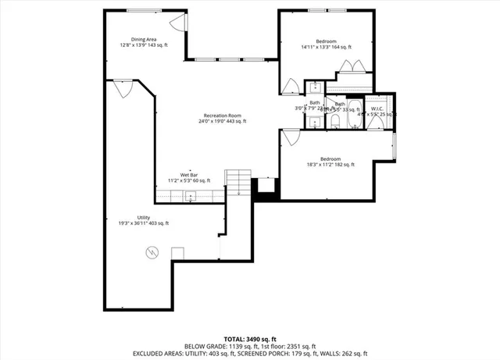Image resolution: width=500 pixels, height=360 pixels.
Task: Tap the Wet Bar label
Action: (188, 175)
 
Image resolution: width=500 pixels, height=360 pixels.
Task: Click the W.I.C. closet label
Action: (377, 109)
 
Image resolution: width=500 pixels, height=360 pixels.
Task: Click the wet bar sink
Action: (188, 191)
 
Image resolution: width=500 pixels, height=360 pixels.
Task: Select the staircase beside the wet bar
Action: (237, 183)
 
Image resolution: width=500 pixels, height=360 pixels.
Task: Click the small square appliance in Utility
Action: (177, 252)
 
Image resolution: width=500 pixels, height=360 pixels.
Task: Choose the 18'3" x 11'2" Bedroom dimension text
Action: (330, 165)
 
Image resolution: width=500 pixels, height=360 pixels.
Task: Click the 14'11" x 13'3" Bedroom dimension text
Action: (326, 47)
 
